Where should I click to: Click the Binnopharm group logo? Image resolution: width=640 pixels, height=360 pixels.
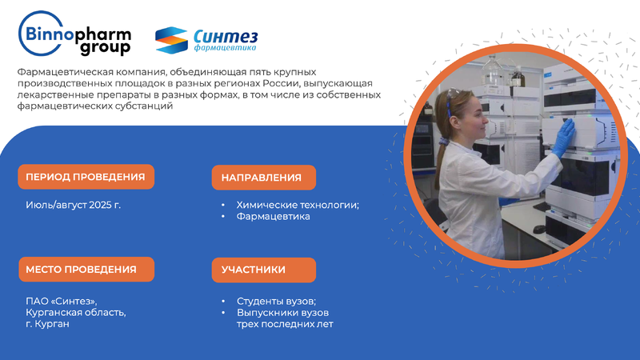click(74, 34)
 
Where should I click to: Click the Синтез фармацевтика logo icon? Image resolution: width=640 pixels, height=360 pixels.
click(171, 40)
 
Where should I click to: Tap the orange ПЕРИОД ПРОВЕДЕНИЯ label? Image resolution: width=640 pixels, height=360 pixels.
click(86, 177)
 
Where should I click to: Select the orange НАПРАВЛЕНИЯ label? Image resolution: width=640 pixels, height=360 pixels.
click(264, 178)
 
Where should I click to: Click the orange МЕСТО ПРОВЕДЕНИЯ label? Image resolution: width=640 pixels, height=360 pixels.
click(86, 270)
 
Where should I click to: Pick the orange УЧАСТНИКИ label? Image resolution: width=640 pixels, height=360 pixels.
click(264, 270)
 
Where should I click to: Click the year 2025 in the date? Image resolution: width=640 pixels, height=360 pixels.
click(100, 205)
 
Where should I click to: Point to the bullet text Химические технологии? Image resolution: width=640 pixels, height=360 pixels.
click(298, 205)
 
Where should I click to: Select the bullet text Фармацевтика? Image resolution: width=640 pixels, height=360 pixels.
click(273, 216)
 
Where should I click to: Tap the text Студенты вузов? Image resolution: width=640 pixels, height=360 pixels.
click(276, 302)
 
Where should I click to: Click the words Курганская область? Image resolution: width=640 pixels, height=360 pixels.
click(76, 313)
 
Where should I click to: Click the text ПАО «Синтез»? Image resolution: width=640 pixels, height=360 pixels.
click(62, 302)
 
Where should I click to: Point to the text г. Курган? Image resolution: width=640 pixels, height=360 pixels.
click(47, 324)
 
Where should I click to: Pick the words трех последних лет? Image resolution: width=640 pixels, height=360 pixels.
click(285, 324)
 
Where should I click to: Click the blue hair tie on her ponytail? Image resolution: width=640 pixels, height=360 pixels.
click(444, 142)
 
